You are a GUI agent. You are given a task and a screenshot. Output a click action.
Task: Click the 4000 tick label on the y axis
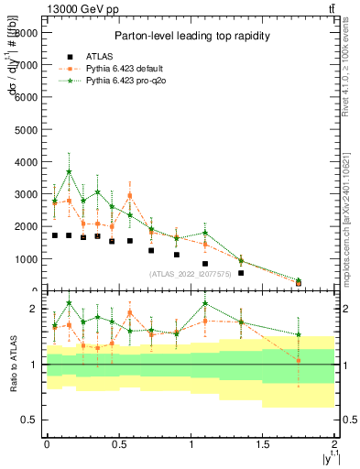coord(27,162)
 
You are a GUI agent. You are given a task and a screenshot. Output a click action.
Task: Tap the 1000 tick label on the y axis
coord(27,259)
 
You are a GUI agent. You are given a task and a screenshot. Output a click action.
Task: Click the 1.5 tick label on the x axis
coord(262,444)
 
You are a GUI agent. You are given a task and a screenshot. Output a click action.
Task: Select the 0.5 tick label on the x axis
coord(118,444)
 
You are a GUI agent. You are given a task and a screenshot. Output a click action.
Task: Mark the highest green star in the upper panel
coord(69,172)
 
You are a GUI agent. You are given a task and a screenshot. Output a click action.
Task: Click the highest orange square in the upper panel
coord(130,195)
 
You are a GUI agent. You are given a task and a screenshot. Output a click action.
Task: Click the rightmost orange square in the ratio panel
coord(299,360)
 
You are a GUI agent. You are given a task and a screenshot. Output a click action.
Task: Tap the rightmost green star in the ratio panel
coord(299,335)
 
